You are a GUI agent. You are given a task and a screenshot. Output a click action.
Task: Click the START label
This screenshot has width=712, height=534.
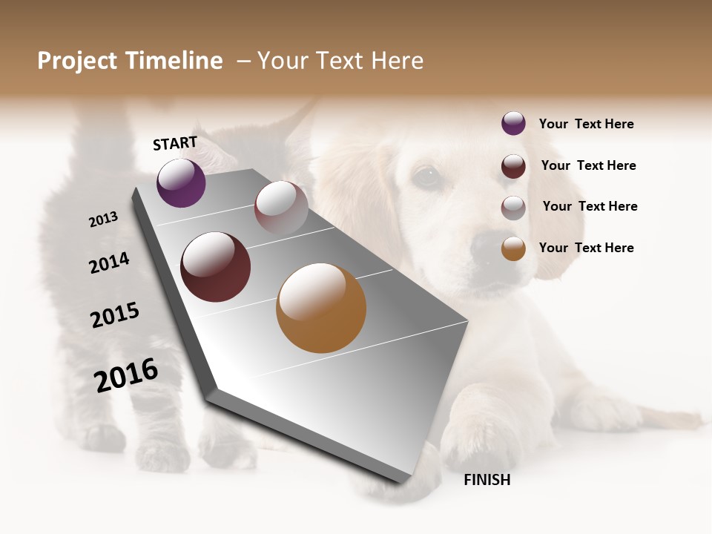pyautogui.click(x=175, y=143)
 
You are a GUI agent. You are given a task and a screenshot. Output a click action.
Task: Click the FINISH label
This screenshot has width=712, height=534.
pyautogui.click(x=487, y=480)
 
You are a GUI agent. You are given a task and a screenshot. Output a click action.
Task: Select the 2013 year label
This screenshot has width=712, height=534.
pyautogui.click(x=103, y=220)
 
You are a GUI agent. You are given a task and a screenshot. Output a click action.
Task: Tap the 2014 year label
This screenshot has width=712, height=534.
pyautogui.click(x=109, y=263)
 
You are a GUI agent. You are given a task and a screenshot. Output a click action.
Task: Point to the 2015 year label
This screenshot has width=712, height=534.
pyautogui.click(x=115, y=315)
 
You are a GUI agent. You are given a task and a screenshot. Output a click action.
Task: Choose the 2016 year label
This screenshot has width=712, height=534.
pyautogui.click(x=126, y=375)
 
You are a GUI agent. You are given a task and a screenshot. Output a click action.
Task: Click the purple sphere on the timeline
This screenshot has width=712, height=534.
pyautogui.click(x=181, y=182)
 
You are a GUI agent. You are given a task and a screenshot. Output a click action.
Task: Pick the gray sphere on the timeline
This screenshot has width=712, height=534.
pyautogui.click(x=281, y=208)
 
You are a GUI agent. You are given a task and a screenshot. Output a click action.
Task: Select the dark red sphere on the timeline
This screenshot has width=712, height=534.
pyautogui.click(x=216, y=267)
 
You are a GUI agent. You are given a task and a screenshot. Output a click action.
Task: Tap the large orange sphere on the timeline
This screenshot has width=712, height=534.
pyautogui.click(x=321, y=308)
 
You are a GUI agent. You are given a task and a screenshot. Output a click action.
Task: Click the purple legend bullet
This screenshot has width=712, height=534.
pyautogui.click(x=513, y=123)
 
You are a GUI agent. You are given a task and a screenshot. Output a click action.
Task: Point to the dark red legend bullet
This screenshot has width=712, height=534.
pyautogui.click(x=513, y=166)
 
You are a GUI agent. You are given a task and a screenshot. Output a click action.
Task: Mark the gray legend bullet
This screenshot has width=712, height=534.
pyautogui.click(x=513, y=208)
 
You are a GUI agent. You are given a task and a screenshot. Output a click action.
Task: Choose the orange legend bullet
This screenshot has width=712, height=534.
pyautogui.click(x=513, y=248)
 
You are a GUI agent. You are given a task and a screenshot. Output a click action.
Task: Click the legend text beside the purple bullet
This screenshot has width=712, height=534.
pyautogui.click(x=586, y=124)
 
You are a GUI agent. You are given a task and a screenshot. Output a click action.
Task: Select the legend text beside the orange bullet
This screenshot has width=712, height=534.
pyautogui.click(x=586, y=248)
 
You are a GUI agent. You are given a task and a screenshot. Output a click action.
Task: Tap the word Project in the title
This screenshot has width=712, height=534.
pyautogui.click(x=78, y=61)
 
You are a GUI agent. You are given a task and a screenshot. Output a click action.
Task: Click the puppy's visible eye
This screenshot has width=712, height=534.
pyautogui.click(x=426, y=176)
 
